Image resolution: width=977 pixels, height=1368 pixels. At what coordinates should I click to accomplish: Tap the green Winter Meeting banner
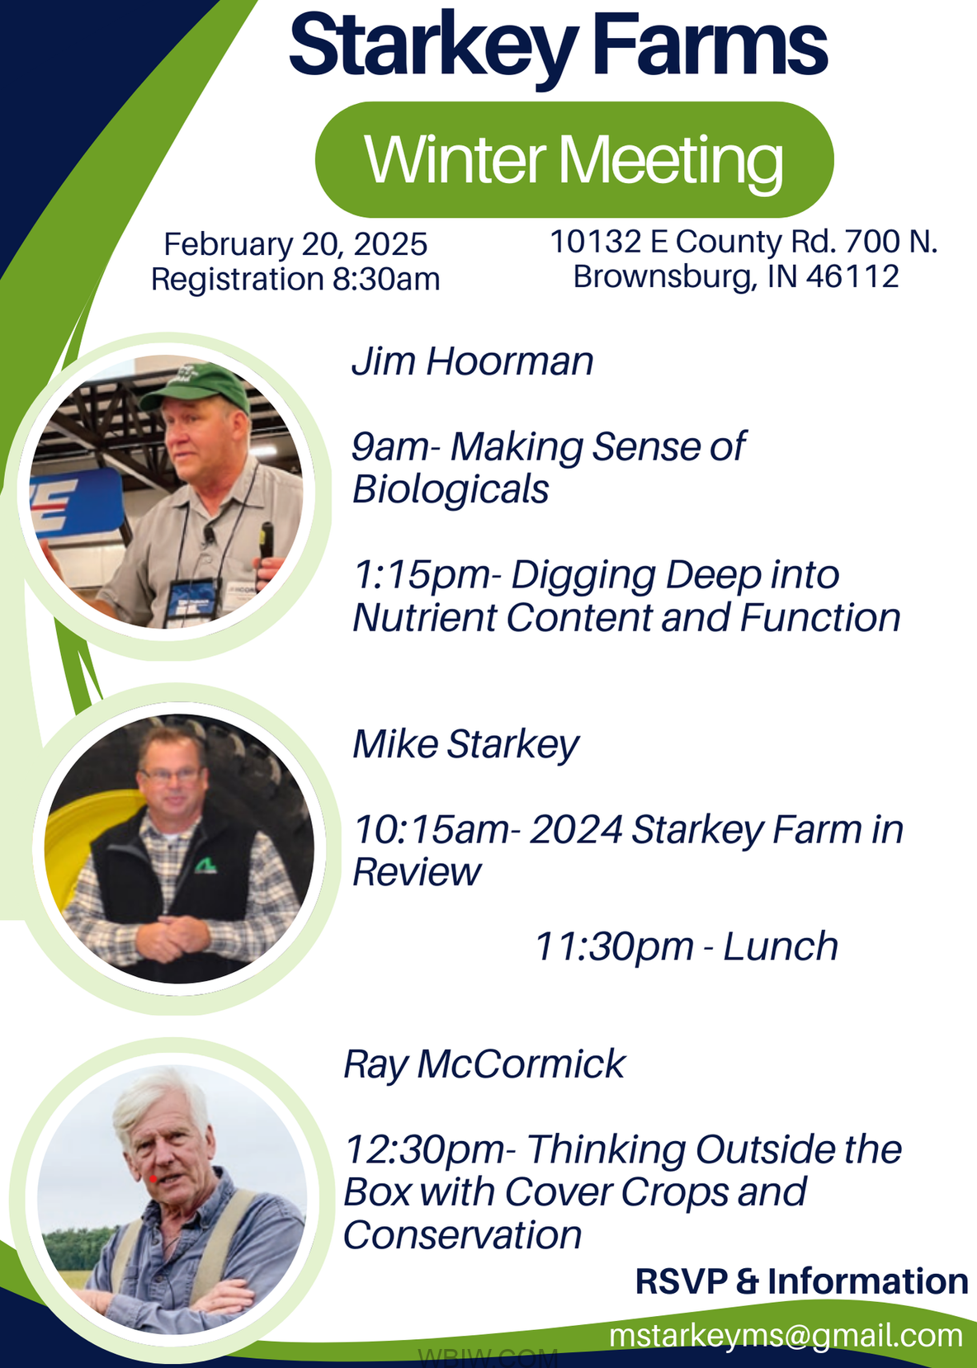574,159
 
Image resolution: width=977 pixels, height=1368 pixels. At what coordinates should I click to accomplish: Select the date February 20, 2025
295,244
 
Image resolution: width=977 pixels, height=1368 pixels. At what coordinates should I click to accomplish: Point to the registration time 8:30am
386,279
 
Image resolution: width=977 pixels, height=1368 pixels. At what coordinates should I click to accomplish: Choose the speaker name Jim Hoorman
472,361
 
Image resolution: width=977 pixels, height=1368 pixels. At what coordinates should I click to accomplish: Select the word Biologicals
450,490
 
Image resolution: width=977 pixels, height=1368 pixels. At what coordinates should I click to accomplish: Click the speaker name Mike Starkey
466,745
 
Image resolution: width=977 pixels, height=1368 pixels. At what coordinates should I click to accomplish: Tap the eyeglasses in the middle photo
171,775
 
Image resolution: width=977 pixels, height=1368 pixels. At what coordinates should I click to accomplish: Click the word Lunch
781,947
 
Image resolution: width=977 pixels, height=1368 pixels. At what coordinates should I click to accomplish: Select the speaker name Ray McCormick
484,1064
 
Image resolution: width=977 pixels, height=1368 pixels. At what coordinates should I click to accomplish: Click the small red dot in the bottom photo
153,1178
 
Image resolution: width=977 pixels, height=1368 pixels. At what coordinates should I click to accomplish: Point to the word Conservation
462,1235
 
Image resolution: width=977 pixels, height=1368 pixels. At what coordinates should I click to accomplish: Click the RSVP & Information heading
801,1281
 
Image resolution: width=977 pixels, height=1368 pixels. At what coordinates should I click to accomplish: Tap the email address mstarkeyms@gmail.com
786,1336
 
